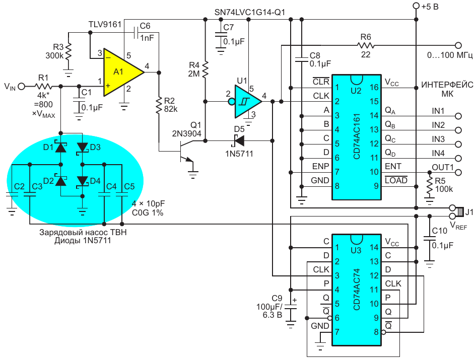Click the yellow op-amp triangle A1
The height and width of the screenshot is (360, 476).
pyautogui.click(x=120, y=73)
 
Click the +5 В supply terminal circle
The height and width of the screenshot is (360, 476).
pyautogui.click(x=416, y=6)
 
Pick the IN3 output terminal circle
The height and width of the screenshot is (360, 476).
pyautogui.click(x=458, y=143)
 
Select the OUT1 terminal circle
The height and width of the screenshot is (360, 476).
pyautogui.click(x=458, y=172)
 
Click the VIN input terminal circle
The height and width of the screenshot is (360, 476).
pyautogui.click(x=21, y=87)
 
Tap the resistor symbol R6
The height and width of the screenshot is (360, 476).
pyautogui.click(x=365, y=45)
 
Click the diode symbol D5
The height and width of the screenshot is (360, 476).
pyautogui.click(x=239, y=140)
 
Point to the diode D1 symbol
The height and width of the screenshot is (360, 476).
pyautogui.click(x=61, y=148)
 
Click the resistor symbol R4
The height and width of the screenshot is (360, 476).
pyautogui.click(x=205, y=69)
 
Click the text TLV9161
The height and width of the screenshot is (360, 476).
pyautogui.click(x=105, y=24)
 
